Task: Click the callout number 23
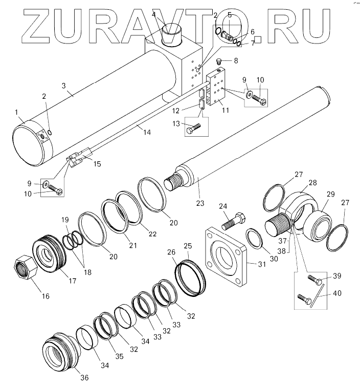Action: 200,203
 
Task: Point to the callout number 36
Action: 84,378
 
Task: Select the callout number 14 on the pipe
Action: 147,132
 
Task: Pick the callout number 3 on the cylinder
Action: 64,86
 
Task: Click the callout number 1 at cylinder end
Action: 16,112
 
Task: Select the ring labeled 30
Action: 253,238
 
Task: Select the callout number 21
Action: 132,245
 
